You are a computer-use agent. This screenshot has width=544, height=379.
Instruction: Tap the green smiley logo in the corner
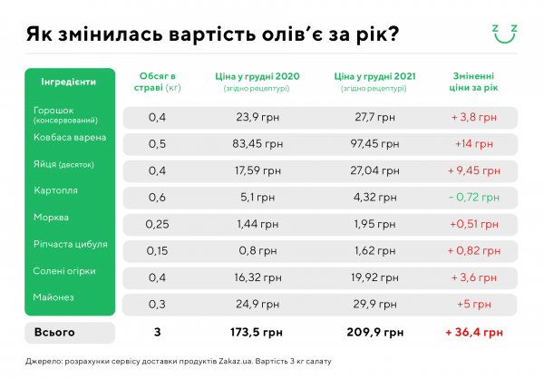(x=504, y=33)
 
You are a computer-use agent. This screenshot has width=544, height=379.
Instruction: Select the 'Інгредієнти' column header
(x=69, y=82)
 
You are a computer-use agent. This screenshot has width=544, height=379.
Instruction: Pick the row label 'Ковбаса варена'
(x=70, y=138)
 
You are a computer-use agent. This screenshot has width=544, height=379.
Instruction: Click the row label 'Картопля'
(x=55, y=191)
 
